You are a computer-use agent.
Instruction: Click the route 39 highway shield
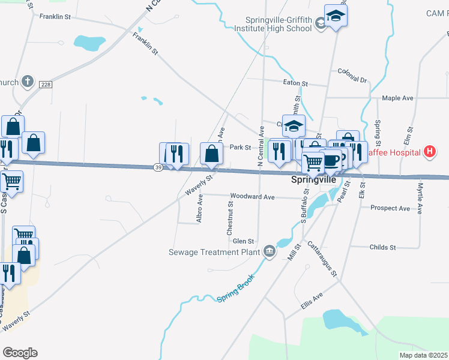pos(158,168)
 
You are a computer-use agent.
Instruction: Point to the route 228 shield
pos(45,85)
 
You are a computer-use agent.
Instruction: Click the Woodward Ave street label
pos(255,196)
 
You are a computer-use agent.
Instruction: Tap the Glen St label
pos(244,241)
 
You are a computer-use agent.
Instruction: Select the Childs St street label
pos(383,247)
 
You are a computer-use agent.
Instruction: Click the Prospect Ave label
pos(391,208)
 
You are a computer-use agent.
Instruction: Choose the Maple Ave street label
pos(398,98)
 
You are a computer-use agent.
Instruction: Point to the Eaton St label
pos(295,83)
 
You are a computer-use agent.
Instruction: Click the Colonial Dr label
pos(352,75)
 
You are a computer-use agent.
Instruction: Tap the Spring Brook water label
pos(236,288)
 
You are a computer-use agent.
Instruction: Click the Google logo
pos(20,353)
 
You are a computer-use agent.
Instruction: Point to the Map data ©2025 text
pos(423,355)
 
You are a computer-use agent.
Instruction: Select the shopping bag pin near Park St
pos(211,154)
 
